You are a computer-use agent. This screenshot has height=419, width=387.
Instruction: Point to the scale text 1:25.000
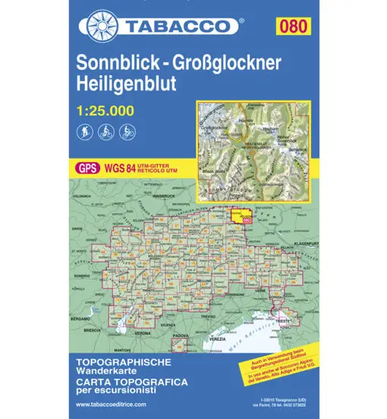[x=105, y=111]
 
